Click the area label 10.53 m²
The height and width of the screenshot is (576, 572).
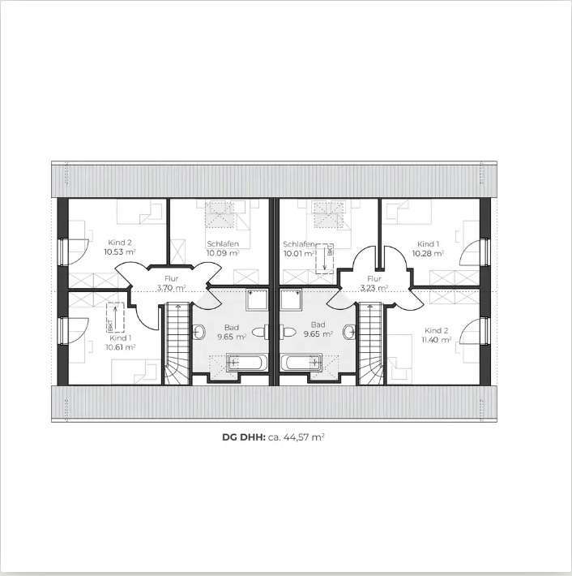[119, 251]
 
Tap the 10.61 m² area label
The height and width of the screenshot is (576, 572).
[120, 346]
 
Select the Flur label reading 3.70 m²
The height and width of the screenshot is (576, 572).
[171, 287]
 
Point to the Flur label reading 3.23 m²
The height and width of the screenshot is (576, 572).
[374, 287]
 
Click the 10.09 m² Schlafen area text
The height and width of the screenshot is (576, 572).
[222, 252]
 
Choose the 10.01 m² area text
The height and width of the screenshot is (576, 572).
[297, 252]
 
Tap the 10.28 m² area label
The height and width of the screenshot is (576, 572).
[428, 252]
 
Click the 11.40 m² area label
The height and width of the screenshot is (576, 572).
[436, 340]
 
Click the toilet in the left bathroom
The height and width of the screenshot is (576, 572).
[200, 331]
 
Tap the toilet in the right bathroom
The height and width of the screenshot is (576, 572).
[349, 331]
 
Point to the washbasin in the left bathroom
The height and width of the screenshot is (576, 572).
[260, 332]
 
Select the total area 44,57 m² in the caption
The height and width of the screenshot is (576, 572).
[301, 436]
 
